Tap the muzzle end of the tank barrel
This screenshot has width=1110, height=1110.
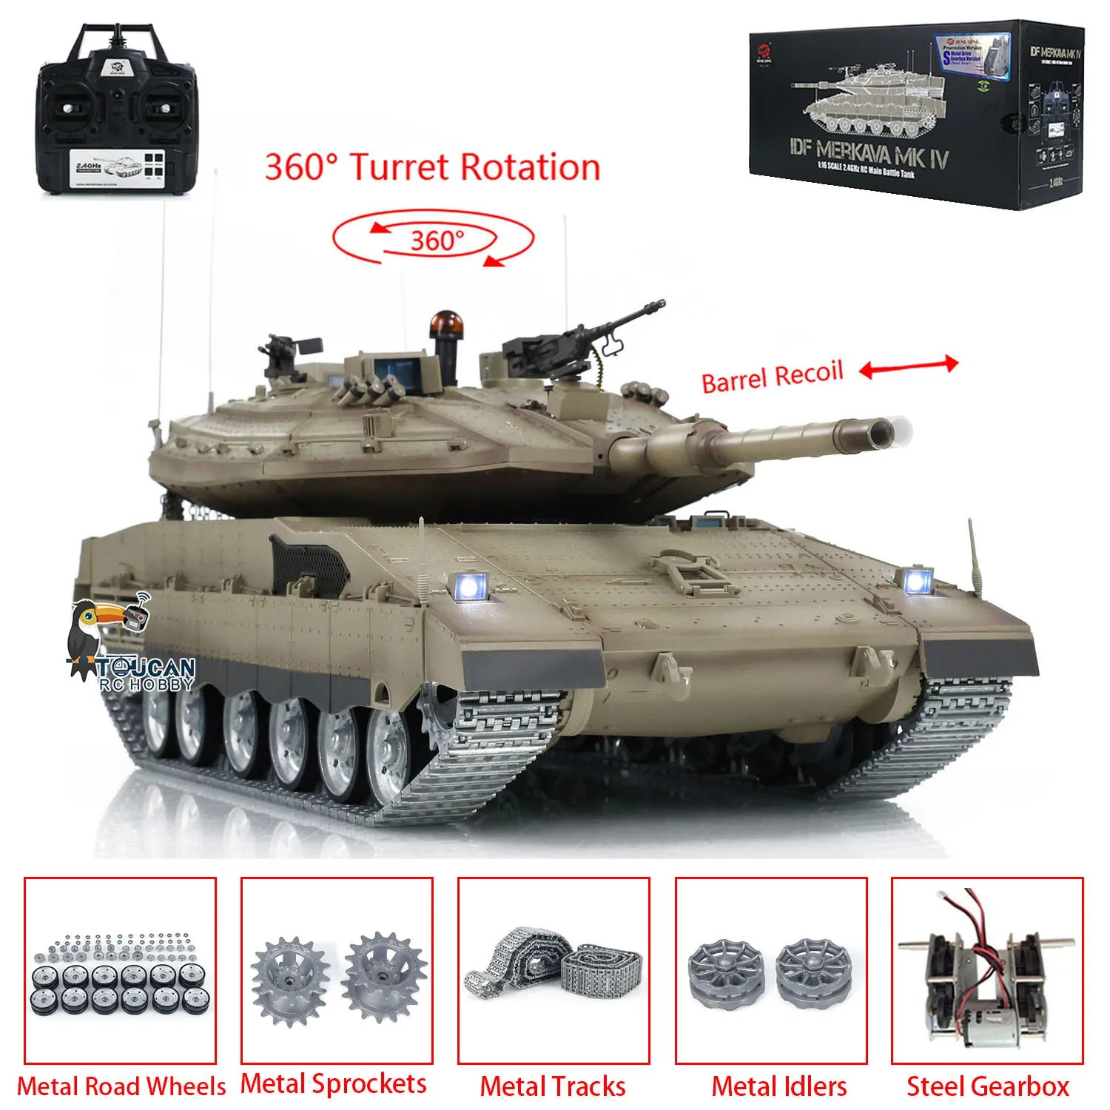(881, 431)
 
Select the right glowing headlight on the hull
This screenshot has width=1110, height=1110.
(916, 581)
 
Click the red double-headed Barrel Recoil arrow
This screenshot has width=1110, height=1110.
(909, 366)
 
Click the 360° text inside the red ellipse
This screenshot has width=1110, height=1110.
(437, 240)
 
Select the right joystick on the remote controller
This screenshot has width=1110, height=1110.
(164, 109)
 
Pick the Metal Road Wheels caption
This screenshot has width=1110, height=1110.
(121, 1086)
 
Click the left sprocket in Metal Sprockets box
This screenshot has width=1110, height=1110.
(289, 980)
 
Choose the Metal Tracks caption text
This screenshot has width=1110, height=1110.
(553, 1086)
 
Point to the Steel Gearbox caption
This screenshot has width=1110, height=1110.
(987, 1086)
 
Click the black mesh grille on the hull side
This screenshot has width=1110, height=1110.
(309, 566)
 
